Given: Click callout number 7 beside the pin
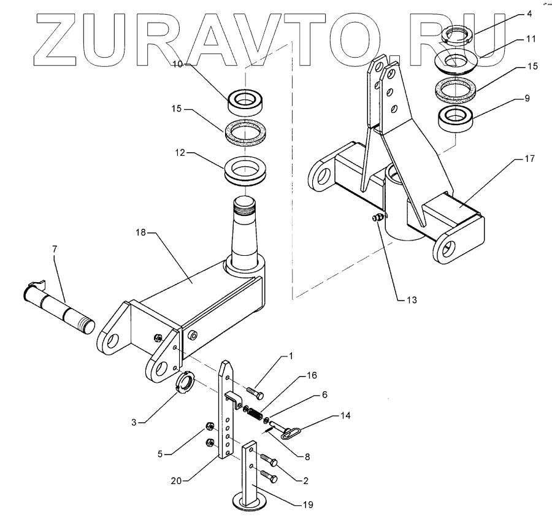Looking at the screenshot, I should pyautogui.click(x=54, y=250).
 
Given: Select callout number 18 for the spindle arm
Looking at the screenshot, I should pyautogui.click(x=140, y=233).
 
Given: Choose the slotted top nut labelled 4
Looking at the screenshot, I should pyautogui.click(x=456, y=35).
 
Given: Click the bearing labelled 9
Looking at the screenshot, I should pyautogui.click(x=457, y=117).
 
